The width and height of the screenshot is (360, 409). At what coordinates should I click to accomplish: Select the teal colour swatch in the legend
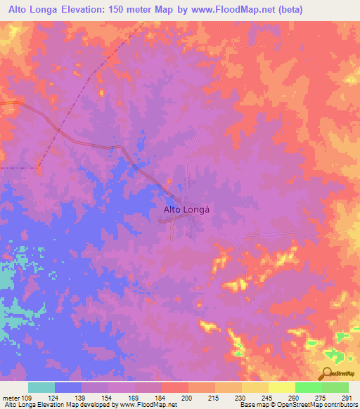click(x=41, y=387)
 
